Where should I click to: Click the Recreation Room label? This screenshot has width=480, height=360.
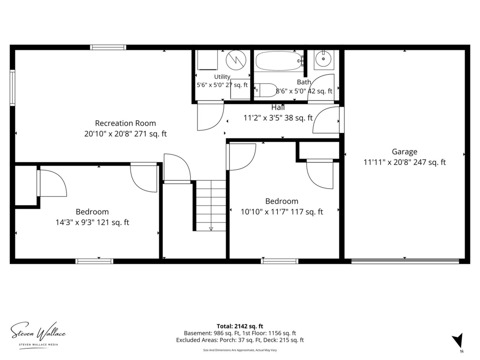125,123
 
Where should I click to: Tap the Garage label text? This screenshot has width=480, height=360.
404,152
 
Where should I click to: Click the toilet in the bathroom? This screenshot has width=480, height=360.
265,90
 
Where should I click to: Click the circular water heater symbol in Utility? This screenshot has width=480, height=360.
236,60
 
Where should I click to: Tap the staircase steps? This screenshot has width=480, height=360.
211,205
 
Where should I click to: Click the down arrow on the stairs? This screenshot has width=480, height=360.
211,229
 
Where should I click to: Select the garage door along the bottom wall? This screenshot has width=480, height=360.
405,261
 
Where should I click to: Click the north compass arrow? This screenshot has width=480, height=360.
457,340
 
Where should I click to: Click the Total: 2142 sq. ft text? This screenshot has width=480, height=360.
240,326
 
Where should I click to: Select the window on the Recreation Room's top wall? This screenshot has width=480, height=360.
108,47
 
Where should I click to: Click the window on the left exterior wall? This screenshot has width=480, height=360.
12,88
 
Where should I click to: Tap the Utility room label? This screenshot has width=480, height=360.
222,77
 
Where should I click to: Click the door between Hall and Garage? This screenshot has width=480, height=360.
342,120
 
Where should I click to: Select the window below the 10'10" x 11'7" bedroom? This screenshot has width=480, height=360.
279,261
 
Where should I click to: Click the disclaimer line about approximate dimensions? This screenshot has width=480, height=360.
240,350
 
